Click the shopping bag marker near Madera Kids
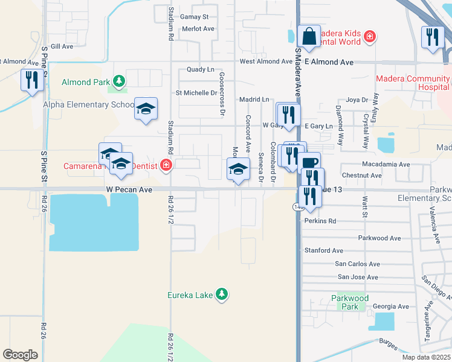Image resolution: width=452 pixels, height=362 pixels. click(309, 37)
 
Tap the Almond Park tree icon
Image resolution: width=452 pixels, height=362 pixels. click(120, 81)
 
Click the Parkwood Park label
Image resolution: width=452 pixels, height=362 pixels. click(350, 302)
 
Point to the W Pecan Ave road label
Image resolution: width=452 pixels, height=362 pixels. click(128, 189)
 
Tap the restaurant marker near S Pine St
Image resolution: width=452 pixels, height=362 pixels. click(31, 80)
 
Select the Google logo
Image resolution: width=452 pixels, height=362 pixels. click(20, 354)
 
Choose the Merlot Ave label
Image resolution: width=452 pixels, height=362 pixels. click(197, 28)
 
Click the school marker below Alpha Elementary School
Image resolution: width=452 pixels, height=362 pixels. click(146, 109)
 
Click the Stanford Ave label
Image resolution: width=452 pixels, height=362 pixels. click(323, 250)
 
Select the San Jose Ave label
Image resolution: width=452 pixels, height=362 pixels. click(358, 277)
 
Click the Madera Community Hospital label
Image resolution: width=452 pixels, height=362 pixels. click(413, 83)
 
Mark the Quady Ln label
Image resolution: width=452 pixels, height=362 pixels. click(201, 69)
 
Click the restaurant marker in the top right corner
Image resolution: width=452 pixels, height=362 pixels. click(433, 37)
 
